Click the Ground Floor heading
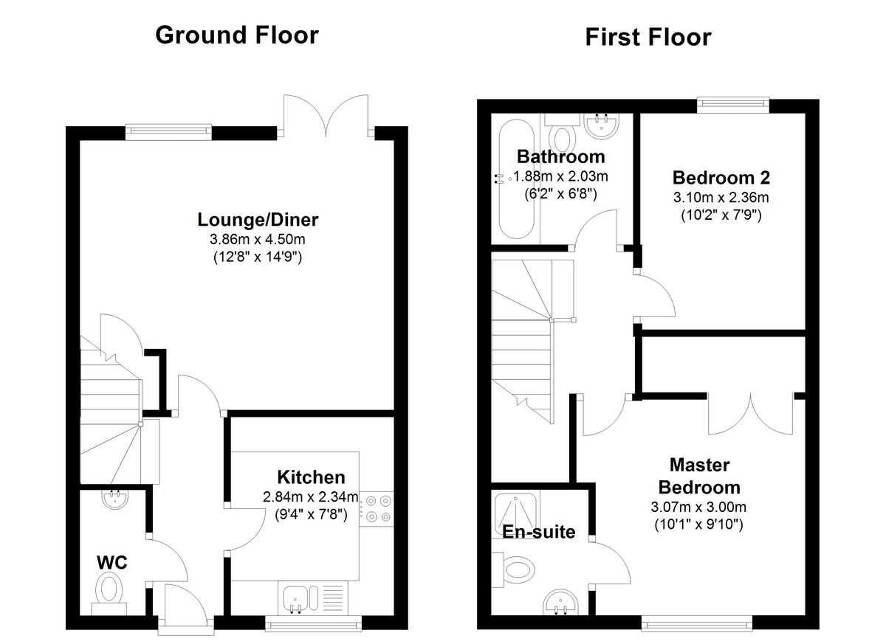pos(237,35)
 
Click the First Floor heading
pos(648,37)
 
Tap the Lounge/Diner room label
pos(258,220)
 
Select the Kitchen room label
pos(311,477)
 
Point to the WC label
pos(112,563)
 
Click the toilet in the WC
pos(109,595)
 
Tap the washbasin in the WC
pos(114,499)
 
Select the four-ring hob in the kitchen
pos(377,509)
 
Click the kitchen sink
pos(301,598)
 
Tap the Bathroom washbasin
pos(601,126)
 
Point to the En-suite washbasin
pos(561,603)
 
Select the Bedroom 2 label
pos(721,178)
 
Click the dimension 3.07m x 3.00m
pos(698,507)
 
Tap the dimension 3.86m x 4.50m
pos(258,240)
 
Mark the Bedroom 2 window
pos(733,103)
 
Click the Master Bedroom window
pos(696,624)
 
